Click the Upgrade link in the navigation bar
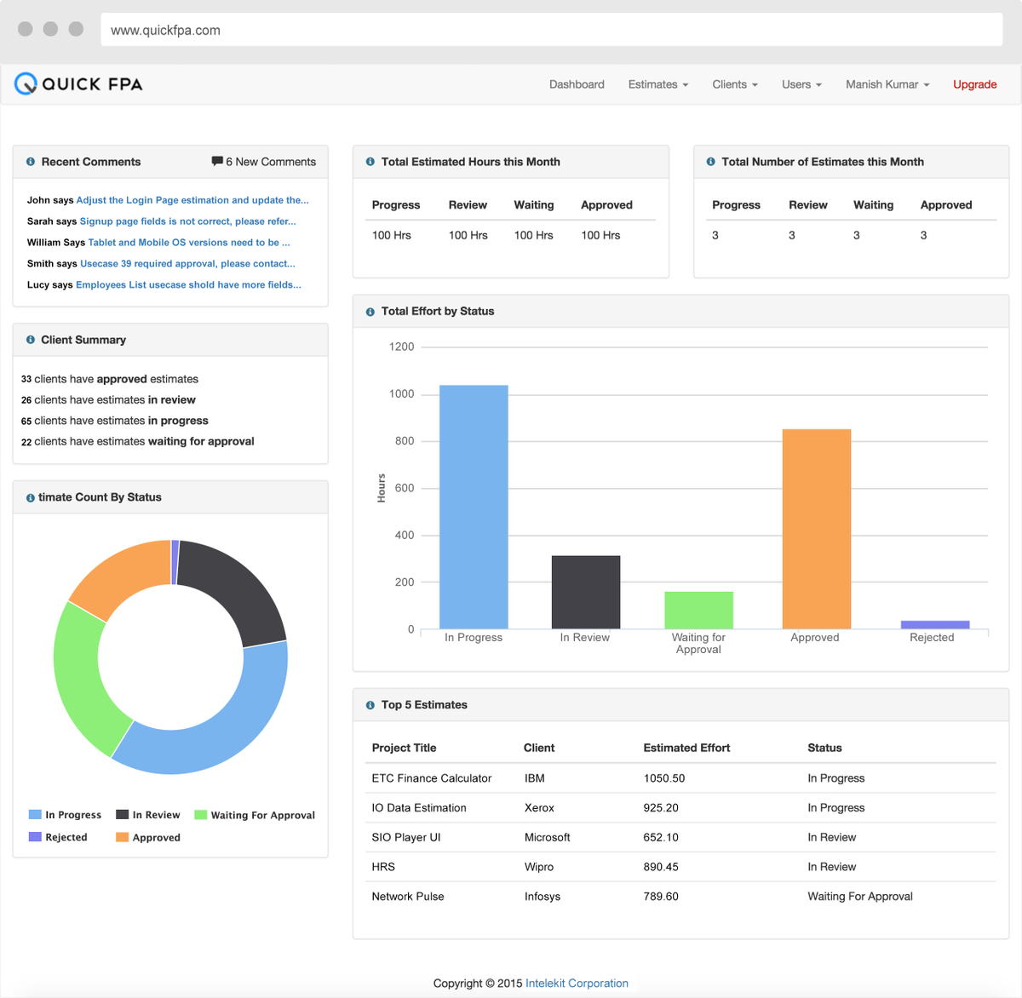point(974,84)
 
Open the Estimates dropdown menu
point(657,84)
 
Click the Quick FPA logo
point(78,83)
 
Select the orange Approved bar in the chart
point(816,528)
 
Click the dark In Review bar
point(586,592)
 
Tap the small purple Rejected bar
point(934,625)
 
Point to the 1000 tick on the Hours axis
point(401,393)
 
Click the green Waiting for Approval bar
point(698,610)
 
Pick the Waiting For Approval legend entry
point(255,815)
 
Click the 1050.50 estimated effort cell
point(663,778)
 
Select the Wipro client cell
point(538,867)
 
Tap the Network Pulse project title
point(407,897)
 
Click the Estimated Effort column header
point(686,748)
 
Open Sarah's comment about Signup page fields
point(187,221)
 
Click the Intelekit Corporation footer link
point(577,983)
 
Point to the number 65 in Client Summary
point(26,422)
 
